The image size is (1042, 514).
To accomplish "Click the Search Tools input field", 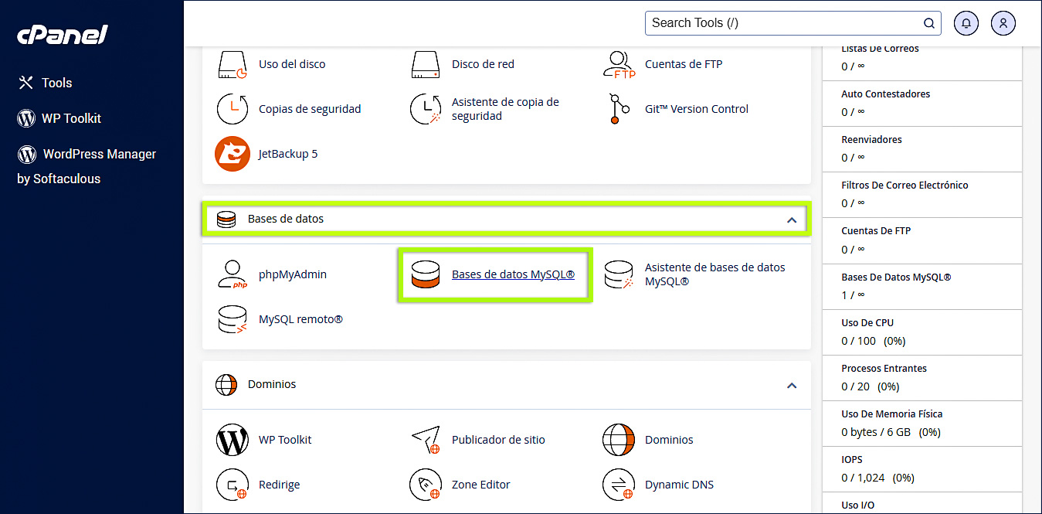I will coord(784,23).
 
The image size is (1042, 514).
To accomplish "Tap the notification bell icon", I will coord(966,23).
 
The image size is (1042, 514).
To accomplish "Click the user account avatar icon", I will coord(1003,23).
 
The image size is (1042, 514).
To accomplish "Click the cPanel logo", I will coord(63,36).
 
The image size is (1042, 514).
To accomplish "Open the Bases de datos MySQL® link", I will coord(513,274).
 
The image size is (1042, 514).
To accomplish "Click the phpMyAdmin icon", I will coord(232,274).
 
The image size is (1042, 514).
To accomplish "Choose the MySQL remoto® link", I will coord(300,319).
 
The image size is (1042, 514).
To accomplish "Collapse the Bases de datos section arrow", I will coord(791,220).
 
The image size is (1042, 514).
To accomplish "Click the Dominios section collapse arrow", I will coord(791,385).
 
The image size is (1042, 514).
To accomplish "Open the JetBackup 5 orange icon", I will coord(232,154).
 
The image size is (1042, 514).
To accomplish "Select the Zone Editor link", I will coord(480,485).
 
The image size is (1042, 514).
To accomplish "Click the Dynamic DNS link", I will coord(679,485).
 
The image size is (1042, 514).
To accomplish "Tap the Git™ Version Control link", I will coord(696,109).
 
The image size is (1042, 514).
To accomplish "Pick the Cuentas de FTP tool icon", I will coord(619,64).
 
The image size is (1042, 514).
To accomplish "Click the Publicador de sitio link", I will coord(498,440).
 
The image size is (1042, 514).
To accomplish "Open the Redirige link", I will coord(279,485).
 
